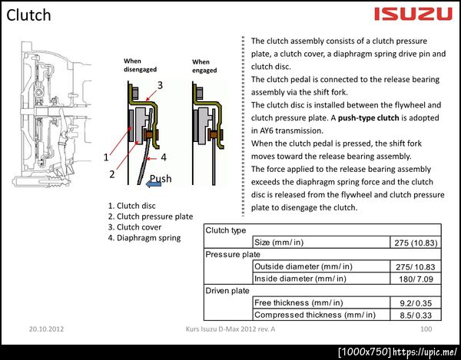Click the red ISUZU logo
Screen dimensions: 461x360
413,14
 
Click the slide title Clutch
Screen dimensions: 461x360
28,15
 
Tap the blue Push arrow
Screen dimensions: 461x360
154,184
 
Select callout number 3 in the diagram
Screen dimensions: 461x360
160,85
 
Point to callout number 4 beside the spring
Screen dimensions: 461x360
164,157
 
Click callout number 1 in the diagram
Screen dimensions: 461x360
106,157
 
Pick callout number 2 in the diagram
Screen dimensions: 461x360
112,174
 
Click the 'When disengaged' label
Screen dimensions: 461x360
140,65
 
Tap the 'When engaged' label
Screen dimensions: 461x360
204,66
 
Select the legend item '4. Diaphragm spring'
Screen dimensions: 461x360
144,238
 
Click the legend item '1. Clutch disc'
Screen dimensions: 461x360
131,206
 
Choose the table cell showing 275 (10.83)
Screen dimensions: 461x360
416,243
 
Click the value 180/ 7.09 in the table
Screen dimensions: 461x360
416,279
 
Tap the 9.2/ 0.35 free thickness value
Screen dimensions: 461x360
416,303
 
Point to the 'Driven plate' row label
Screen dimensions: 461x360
227,291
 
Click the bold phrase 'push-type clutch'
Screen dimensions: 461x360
368,118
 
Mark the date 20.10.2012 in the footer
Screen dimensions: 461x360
46,329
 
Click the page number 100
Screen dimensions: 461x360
426,329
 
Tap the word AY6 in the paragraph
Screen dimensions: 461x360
266,130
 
